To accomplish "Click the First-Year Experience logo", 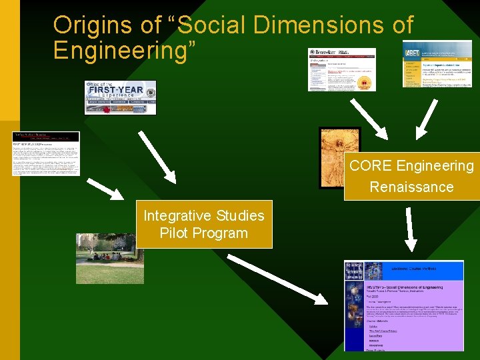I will click(120, 97).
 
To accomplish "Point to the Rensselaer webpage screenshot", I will click(341, 69).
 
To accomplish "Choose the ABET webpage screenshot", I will click(437, 63).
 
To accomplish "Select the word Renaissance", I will click(411, 187).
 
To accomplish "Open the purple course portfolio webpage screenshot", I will click(403, 305).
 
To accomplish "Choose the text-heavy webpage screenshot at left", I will click(45, 153).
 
